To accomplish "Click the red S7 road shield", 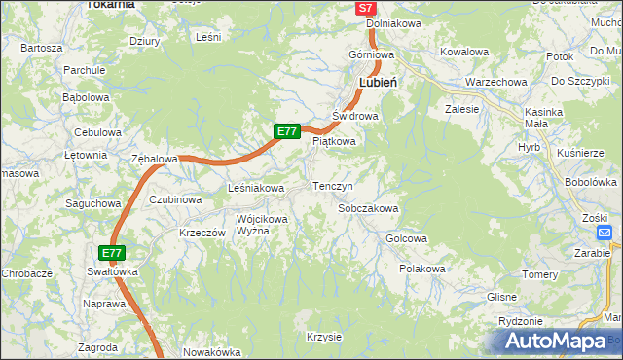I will pyautogui.click(x=365, y=8).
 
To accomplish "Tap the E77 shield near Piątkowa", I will pyautogui.click(x=285, y=130).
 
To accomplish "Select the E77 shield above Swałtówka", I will pyautogui.click(x=112, y=253).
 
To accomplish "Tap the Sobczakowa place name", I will pyautogui.click(x=368, y=208).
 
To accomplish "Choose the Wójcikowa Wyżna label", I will pyautogui.click(x=262, y=225).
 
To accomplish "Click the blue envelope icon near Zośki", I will pyautogui.click(x=604, y=234).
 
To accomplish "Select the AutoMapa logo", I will pyautogui.click(x=556, y=340).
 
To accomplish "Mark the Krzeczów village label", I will pyautogui.click(x=202, y=234).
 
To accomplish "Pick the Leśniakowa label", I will pyautogui.click(x=255, y=188).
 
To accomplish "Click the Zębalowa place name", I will pyautogui.click(x=154, y=158).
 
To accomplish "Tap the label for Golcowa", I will pyautogui.click(x=407, y=238).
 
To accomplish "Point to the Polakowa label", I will pyautogui.click(x=422, y=269).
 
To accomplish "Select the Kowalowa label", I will pyautogui.click(x=463, y=52).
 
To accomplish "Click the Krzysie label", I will pyautogui.click(x=323, y=337).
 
